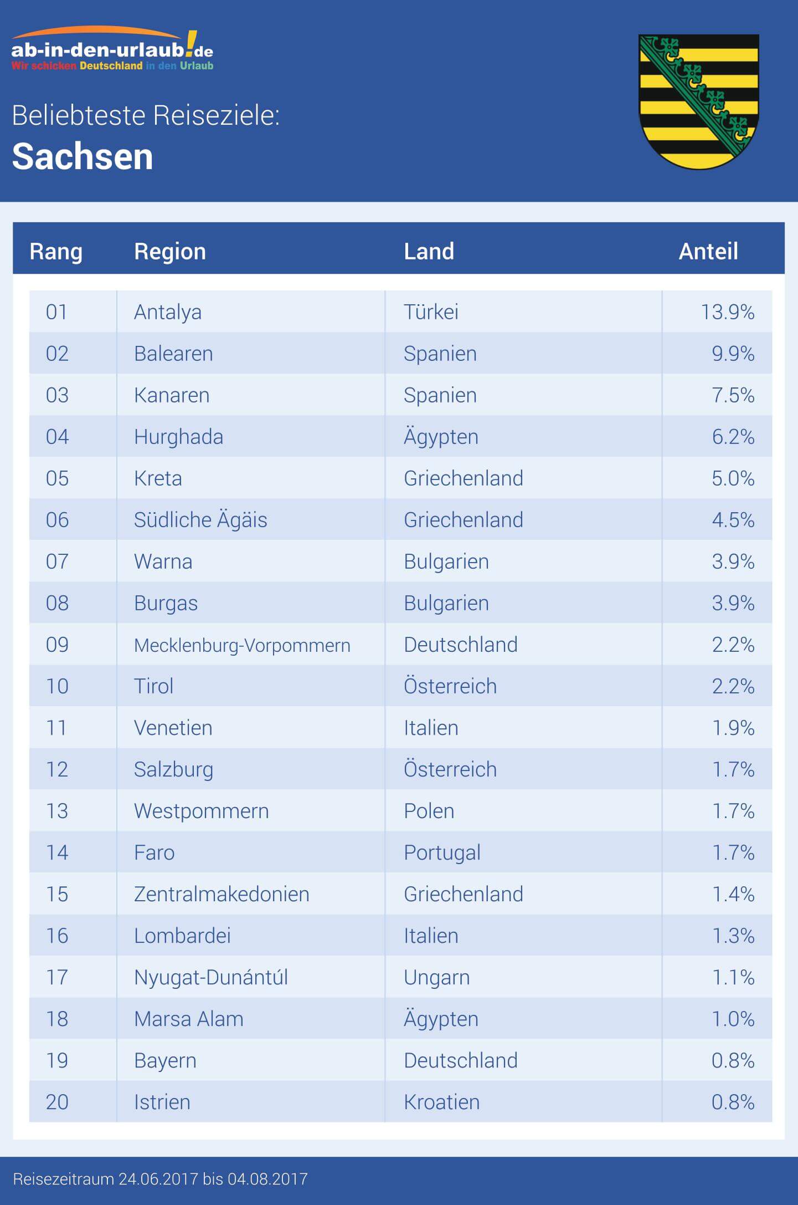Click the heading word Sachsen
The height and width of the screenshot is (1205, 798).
pyautogui.click(x=83, y=156)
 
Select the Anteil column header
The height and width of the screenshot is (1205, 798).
pyautogui.click(x=708, y=252)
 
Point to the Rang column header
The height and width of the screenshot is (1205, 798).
pyautogui.click(x=56, y=252)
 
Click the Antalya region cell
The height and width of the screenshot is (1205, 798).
pyautogui.click(x=168, y=312)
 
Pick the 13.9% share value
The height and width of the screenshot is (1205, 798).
pyautogui.click(x=727, y=312)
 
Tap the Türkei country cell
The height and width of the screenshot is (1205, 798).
pyautogui.click(x=431, y=312)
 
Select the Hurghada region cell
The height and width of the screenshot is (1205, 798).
pyautogui.click(x=178, y=437)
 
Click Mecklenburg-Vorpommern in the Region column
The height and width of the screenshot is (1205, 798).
pyautogui.click(x=242, y=645)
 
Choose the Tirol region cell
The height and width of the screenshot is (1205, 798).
pyautogui.click(x=154, y=686)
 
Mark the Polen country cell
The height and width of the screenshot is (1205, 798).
pyautogui.click(x=429, y=811)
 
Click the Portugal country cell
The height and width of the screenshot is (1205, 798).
pyautogui.click(x=442, y=852)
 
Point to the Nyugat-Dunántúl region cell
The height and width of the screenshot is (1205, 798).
pyautogui.click(x=211, y=977)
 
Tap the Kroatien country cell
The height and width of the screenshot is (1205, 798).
pyautogui.click(x=441, y=1102)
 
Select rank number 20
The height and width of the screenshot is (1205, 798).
pyautogui.click(x=57, y=1102)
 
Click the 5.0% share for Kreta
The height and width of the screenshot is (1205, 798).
pyautogui.click(x=733, y=478)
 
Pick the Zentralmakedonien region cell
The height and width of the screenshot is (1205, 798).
pyautogui.click(x=222, y=894)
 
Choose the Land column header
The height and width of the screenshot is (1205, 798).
pyautogui.click(x=429, y=252)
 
